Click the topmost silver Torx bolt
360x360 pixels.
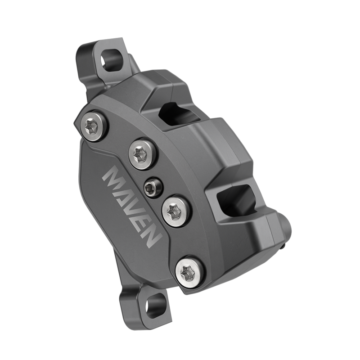tap(94, 126)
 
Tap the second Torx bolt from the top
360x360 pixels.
tap(142, 153)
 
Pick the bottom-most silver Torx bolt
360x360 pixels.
tap(189, 271)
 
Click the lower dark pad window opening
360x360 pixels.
tap(235, 198)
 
